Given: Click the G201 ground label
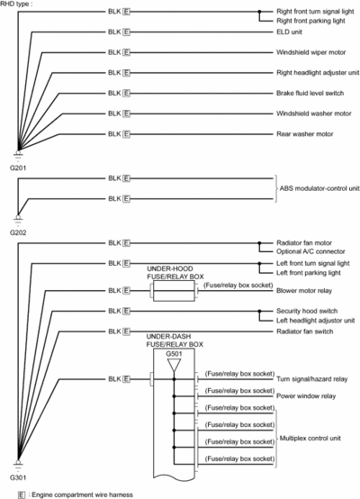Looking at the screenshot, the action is (18, 168).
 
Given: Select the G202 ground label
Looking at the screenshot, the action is (18, 232).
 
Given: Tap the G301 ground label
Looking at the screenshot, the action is (18, 477).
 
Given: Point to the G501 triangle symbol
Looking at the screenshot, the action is (174, 366).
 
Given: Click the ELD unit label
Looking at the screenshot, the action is (289, 32).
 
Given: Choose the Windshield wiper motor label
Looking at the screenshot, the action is (310, 52).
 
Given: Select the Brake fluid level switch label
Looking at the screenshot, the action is (310, 93).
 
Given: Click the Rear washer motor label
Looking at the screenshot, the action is (305, 134).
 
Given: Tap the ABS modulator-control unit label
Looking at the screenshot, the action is (319, 188).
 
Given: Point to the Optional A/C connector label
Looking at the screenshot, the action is (310, 251).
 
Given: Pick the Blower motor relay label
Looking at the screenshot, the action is (304, 291).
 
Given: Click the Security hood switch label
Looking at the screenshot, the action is (307, 311).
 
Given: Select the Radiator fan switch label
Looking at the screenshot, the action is (305, 331).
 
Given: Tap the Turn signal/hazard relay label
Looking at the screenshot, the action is (311, 379).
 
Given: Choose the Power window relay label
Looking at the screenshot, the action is (306, 396).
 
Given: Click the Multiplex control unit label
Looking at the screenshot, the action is (310, 439).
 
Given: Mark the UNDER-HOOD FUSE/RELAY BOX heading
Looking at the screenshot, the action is (175, 272).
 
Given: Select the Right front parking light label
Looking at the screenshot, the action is (310, 21).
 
